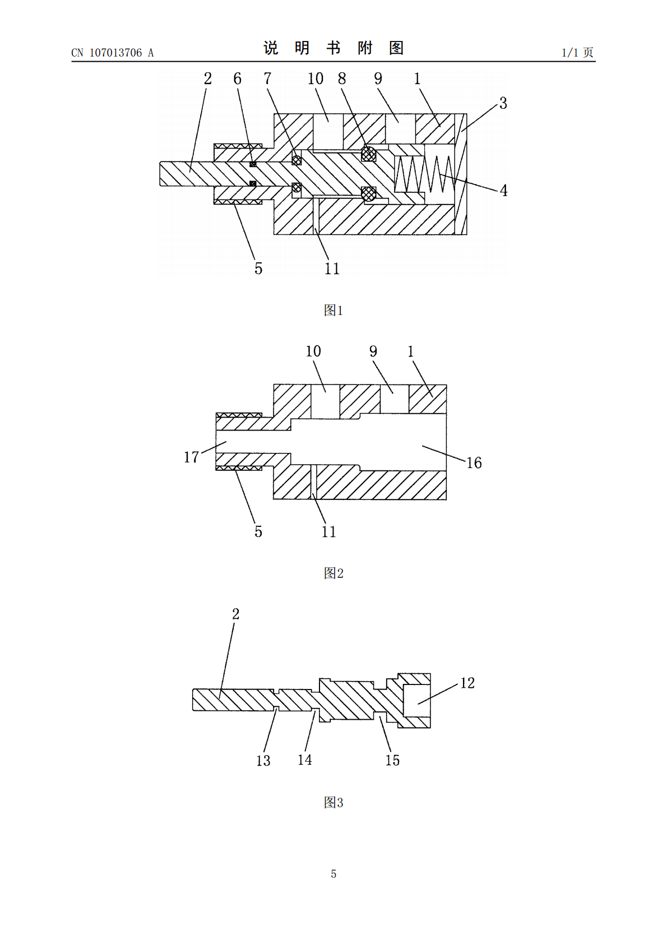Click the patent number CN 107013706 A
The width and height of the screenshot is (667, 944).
[113, 53]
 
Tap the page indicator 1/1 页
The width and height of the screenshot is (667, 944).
[577, 53]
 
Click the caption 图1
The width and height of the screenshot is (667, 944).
[333, 310]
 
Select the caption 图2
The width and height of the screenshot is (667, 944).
[333, 573]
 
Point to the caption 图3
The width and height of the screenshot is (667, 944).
[333, 802]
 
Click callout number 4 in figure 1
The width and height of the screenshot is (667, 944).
[503, 191]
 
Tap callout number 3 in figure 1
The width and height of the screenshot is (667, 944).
[503, 103]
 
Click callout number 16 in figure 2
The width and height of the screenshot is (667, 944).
[474, 462]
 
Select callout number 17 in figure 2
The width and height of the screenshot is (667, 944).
[191, 457]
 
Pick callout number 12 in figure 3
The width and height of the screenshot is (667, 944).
[467, 683]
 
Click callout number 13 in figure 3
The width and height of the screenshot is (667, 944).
[263, 760]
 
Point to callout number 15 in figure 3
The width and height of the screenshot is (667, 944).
[392, 760]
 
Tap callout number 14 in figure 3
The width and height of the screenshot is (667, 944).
[305, 760]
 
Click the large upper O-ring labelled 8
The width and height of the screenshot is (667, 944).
[369, 154]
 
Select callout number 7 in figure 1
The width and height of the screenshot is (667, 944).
[267, 78]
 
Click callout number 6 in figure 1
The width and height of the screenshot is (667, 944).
[237, 78]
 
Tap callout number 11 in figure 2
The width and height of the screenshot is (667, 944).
[329, 531]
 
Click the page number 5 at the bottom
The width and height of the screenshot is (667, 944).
[333, 874]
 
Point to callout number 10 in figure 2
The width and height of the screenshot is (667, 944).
[313, 351]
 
